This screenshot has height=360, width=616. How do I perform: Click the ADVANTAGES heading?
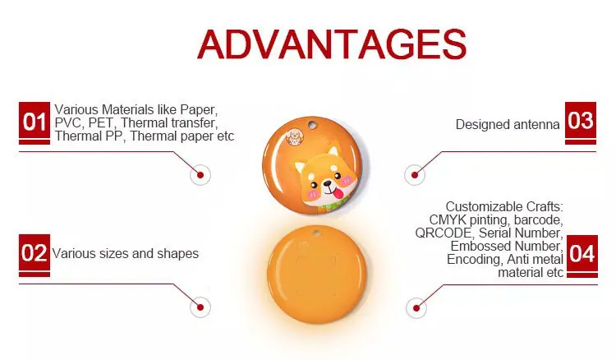coord(332,44)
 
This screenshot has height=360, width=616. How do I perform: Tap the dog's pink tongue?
coord(338,192)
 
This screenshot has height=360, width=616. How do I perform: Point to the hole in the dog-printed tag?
coord(312,125)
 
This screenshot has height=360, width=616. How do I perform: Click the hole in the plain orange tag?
coord(316,233)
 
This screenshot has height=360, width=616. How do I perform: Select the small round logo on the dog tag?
coord(293,136)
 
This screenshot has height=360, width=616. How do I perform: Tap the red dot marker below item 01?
coord(200,175)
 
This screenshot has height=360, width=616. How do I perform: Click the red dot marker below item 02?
coord(200,307)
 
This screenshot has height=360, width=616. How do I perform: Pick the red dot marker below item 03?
coord(415,175)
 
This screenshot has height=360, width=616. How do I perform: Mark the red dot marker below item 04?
coord(416,307)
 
